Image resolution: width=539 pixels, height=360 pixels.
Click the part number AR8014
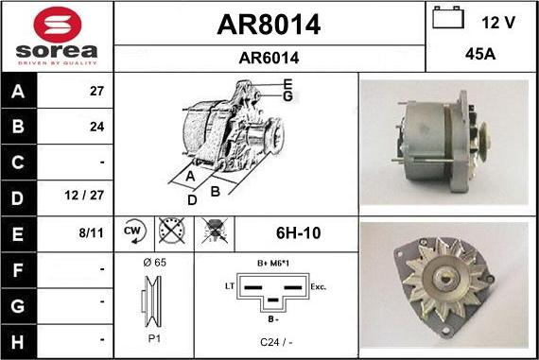pyautogui.click(x=269, y=26)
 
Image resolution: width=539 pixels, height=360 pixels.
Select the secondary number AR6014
pyautogui.click(x=269, y=58)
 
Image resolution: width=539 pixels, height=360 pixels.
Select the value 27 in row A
pyautogui.click(x=95, y=92)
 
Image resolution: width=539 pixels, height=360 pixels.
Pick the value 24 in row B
pyautogui.click(x=95, y=126)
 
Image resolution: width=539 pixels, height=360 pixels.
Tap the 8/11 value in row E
pyautogui.click(x=92, y=232)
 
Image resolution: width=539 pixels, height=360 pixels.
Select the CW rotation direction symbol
pyautogui.click(x=131, y=232)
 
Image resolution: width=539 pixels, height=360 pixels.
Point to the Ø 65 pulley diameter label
pyautogui.click(x=153, y=262)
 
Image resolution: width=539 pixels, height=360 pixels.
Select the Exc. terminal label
pyautogui.click(x=319, y=284)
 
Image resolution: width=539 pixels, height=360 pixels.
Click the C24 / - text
pyautogui.click(x=275, y=342)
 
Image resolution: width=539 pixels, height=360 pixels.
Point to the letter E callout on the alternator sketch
pyautogui.click(x=287, y=83)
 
